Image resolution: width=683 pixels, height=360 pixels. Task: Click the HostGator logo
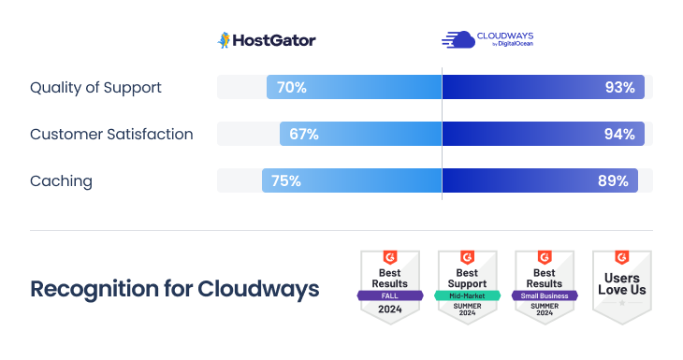(267, 40)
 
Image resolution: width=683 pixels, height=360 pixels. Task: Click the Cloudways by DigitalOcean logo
(487, 39)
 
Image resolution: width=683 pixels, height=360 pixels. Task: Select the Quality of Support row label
(95, 87)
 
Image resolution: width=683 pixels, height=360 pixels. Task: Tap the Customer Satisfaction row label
(111, 134)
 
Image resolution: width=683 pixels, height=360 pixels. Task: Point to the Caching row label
(61, 180)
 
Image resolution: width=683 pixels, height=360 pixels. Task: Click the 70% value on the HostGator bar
(291, 88)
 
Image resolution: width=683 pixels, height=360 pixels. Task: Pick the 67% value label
(303, 134)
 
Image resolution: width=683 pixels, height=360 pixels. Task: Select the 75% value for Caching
(285, 180)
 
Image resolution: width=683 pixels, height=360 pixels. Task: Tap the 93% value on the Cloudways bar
(619, 88)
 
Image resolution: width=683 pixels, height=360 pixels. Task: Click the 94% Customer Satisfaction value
(619, 134)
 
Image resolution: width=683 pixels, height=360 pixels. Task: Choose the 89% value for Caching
(613, 180)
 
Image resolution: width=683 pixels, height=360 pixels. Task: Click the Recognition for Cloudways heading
(174, 289)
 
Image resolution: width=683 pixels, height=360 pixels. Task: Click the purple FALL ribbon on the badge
(389, 295)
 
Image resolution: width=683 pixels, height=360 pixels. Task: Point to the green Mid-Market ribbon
(467, 295)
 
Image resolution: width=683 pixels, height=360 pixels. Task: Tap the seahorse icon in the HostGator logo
(224, 40)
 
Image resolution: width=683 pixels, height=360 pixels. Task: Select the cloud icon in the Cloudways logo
(458, 39)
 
